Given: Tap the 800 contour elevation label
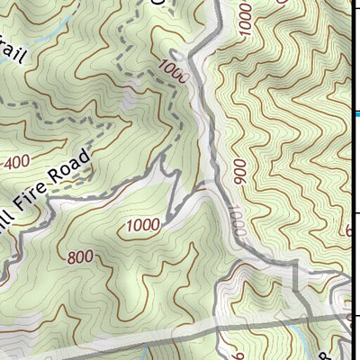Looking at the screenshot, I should (80, 257).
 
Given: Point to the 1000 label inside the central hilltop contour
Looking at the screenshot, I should (144, 224).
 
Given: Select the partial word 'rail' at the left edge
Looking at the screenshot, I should (14, 55).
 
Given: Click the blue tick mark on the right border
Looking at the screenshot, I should (356, 113).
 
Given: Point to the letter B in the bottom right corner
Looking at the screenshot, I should (348, 346).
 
